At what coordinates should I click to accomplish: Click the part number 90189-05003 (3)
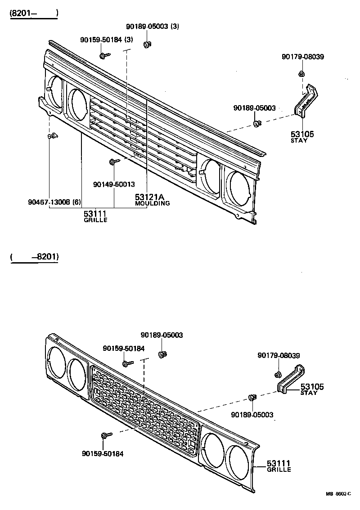[152, 26]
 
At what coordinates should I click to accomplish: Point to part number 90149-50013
[114, 184]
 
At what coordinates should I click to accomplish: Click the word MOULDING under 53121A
[153, 203]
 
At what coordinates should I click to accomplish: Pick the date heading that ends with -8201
[34, 257]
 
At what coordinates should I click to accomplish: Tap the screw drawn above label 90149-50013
[113, 161]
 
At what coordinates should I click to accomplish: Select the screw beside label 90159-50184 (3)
[105, 55]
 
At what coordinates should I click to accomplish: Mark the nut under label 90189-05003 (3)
[147, 44]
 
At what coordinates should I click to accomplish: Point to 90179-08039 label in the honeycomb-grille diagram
[279, 355]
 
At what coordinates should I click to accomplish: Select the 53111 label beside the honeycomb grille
[279, 463]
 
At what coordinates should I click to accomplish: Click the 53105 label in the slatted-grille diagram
[302, 134]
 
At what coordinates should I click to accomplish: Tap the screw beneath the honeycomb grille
[106, 435]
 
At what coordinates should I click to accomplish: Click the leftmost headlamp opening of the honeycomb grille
[57, 362]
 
